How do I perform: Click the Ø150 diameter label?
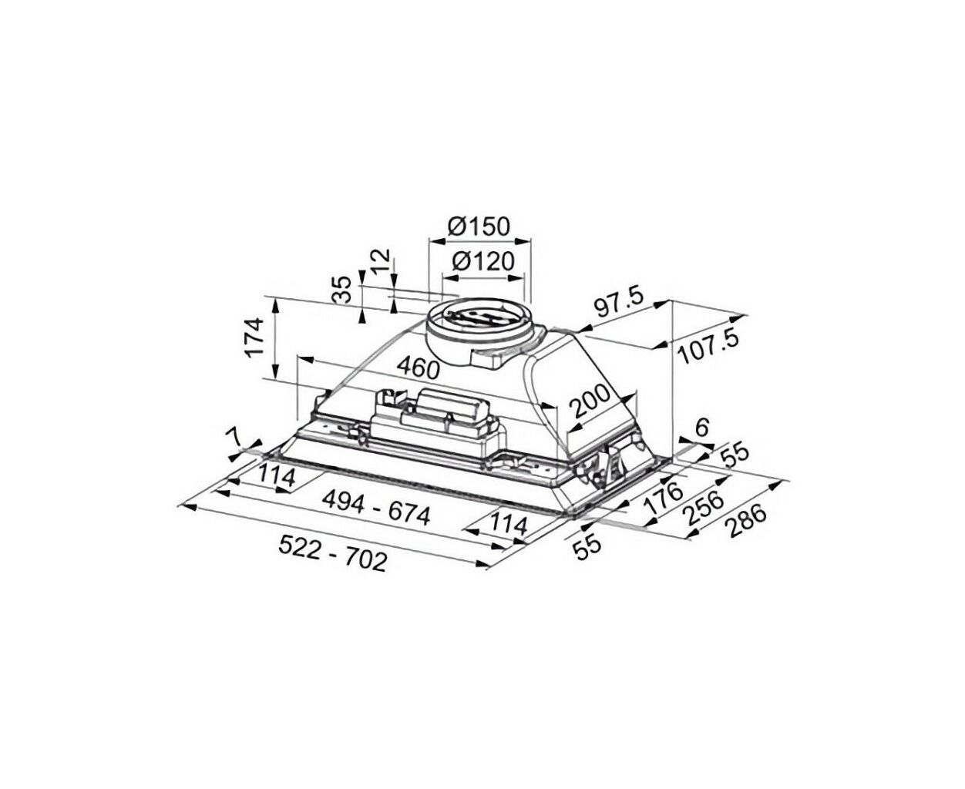click(478, 226)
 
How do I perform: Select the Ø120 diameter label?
click(483, 262)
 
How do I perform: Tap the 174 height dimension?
click(254, 337)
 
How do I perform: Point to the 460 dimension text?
click(418, 368)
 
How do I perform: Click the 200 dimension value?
click(590, 401)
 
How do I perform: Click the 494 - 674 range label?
click(376, 509)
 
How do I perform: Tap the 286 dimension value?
click(747, 522)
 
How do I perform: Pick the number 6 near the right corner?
click(701, 428)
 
